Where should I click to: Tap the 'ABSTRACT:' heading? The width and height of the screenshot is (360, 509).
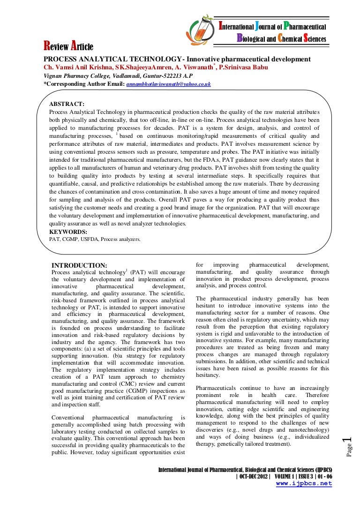(x=67, y=104)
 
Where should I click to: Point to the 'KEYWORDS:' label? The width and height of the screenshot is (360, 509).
(x=68, y=232)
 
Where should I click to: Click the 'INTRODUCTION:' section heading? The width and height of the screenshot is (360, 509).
(x=79, y=265)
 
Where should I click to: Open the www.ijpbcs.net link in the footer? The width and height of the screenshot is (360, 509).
(x=304, y=484)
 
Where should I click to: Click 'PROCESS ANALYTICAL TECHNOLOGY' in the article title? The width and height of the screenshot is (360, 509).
(x=112, y=59)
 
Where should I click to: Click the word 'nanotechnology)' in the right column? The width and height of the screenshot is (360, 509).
(x=309, y=430)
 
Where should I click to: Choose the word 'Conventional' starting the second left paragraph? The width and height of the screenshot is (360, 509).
(x=67, y=417)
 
